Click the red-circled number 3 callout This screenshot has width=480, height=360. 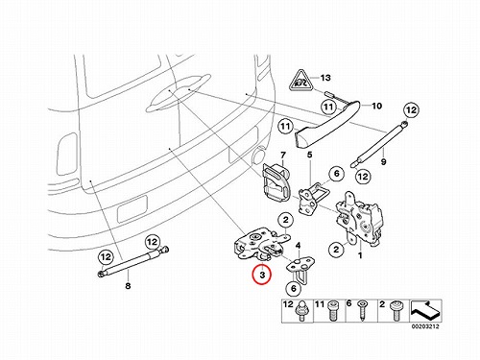(262, 275)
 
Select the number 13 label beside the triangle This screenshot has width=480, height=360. (325, 78)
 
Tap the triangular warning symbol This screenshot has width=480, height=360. (300, 82)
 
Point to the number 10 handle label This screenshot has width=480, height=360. (376, 106)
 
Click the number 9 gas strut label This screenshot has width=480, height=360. (383, 162)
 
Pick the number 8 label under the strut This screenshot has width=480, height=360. (128, 285)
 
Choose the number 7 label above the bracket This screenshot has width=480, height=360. (283, 156)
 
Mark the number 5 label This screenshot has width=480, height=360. (309, 155)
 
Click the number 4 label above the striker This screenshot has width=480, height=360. (298, 246)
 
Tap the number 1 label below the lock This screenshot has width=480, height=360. (360, 255)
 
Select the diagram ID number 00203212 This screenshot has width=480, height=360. (425, 326)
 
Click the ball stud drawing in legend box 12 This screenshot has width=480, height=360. (301, 311)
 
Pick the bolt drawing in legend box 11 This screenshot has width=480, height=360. (333, 311)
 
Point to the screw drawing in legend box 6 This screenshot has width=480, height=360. (362, 311)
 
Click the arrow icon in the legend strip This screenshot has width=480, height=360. (425, 310)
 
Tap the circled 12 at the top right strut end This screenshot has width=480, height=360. (411, 110)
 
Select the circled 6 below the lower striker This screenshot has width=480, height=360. (294, 289)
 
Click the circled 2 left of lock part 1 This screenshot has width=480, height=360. (336, 249)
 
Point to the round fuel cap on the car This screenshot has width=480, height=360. (259, 156)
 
